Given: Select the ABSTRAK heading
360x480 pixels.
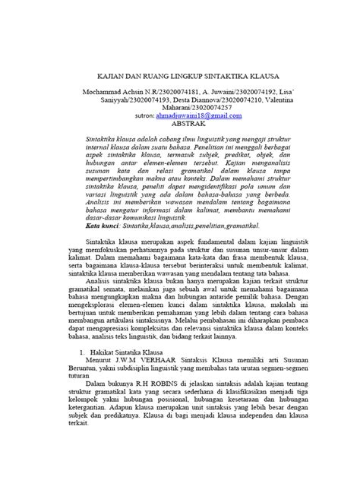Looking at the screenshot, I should click(x=182, y=123).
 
